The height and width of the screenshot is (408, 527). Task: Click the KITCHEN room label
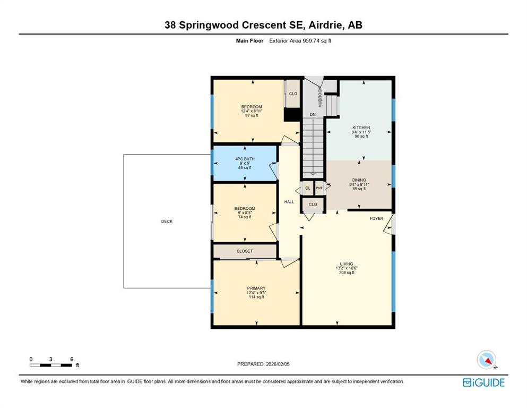click(x=361, y=127)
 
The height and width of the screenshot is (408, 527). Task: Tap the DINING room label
click(x=359, y=180)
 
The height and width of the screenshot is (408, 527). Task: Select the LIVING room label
click(x=347, y=264)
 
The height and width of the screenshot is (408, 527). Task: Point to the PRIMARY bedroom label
click(x=256, y=288)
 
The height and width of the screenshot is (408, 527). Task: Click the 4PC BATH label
click(x=245, y=159)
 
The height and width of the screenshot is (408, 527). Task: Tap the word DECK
click(x=167, y=222)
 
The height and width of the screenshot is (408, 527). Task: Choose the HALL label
click(x=289, y=202)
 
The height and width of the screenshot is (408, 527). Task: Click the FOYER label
click(x=376, y=219)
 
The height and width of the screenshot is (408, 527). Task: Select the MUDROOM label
click(x=320, y=97)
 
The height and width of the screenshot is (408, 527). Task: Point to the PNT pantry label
click(x=319, y=188)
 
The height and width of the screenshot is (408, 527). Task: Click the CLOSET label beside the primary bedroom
click(x=244, y=251)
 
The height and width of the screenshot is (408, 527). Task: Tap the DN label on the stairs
click(x=313, y=115)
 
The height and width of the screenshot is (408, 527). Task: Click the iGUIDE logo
click(x=483, y=382)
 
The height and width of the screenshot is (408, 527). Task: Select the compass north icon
click(x=487, y=360)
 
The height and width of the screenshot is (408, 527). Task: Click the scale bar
click(x=51, y=365)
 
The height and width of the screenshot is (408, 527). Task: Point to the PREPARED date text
click(x=263, y=364)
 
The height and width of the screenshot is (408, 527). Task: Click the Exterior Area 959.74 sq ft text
click(x=300, y=41)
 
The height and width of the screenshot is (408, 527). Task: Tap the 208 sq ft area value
click(x=347, y=273)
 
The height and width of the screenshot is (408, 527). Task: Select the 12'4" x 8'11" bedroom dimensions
click(x=252, y=111)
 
